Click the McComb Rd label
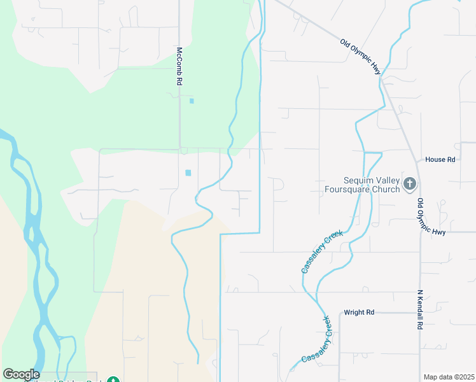180,66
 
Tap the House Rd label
440,159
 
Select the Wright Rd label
359,313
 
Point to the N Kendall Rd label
420,309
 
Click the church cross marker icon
410,185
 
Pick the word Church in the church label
384,189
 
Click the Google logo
21,374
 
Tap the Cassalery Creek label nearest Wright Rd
317,340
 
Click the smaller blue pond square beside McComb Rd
192,101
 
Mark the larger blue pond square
188,173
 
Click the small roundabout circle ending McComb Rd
183,151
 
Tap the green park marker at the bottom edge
113,379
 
